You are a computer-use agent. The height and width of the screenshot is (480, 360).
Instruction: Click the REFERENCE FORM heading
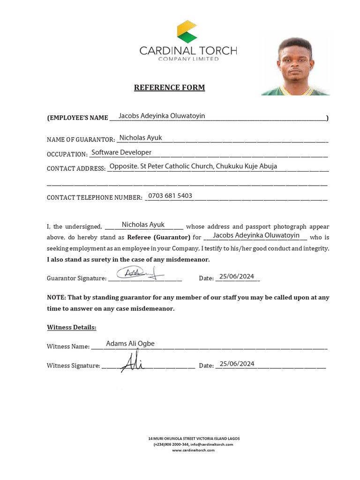[169, 88]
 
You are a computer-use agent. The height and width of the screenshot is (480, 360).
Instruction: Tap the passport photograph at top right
[296, 66]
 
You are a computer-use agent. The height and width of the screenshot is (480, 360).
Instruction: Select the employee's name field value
[162, 116]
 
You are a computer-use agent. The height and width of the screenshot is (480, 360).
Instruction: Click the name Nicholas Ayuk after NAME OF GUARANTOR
[141, 138]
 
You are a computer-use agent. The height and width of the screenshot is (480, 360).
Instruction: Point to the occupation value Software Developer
[121, 152]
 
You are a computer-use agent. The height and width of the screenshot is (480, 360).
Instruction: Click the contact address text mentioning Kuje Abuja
[193, 166]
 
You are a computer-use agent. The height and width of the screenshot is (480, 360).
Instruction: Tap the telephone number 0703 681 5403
[170, 196]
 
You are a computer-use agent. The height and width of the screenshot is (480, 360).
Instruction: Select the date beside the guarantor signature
[236, 277]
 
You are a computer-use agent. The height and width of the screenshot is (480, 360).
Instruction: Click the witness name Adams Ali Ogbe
[130, 344]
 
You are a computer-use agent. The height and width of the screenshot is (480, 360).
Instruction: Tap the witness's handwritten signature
[131, 360]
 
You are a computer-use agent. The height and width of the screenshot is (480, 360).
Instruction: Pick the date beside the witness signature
[237, 364]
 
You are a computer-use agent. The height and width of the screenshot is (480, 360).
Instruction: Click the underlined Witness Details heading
[72, 327]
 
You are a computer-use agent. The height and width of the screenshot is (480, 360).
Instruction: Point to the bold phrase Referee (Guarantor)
[158, 237]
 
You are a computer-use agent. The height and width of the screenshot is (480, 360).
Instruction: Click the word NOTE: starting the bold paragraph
[56, 298]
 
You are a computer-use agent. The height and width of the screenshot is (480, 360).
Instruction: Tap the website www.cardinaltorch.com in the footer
[193, 450]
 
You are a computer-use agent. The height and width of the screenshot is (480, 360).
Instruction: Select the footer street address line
[194, 439]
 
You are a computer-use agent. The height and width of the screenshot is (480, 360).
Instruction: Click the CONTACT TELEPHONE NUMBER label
[94, 197]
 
